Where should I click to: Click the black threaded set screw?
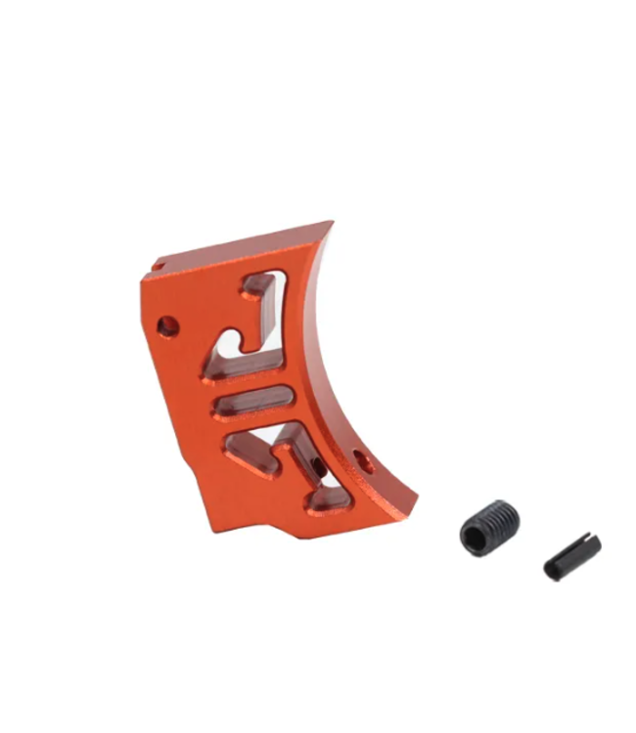tap(489, 529)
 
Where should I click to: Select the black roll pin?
tap(571, 556)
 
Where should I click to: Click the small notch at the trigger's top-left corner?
tap(156, 264)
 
